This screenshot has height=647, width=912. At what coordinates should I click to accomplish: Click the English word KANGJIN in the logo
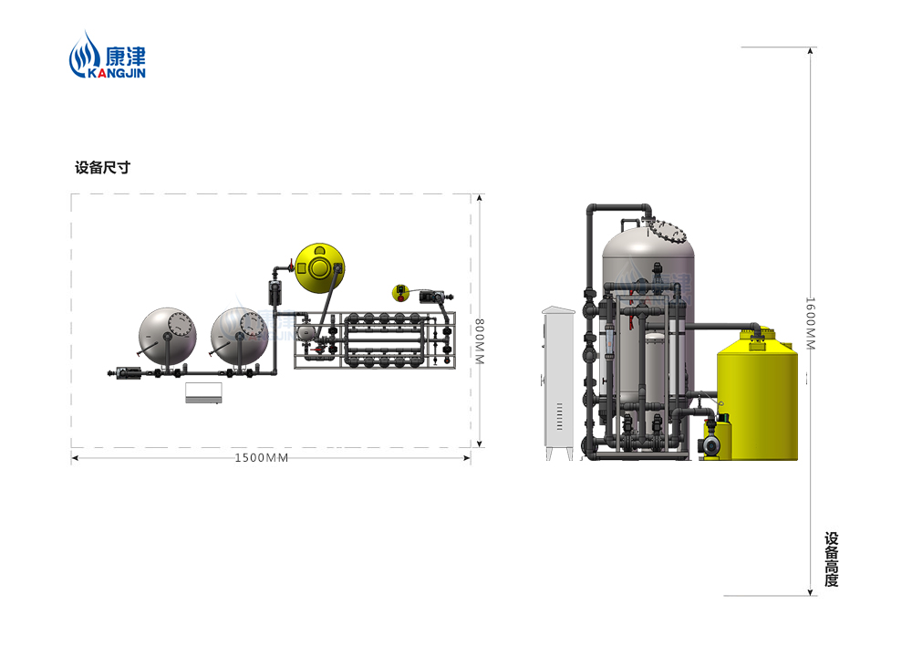[x=117, y=73]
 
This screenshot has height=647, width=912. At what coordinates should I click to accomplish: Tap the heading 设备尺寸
[x=102, y=168]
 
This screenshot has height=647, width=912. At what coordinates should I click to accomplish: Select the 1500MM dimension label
[x=262, y=458]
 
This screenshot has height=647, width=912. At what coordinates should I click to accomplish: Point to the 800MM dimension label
[x=480, y=341]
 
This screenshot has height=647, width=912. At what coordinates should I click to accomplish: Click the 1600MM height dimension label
[x=810, y=323]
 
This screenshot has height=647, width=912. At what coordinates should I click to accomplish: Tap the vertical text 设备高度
[x=831, y=559]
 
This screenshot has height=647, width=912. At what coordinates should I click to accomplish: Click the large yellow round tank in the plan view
[x=319, y=267]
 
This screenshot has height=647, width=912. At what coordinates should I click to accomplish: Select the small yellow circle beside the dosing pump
[x=400, y=293]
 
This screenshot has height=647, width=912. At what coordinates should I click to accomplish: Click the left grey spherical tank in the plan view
[x=168, y=337]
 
